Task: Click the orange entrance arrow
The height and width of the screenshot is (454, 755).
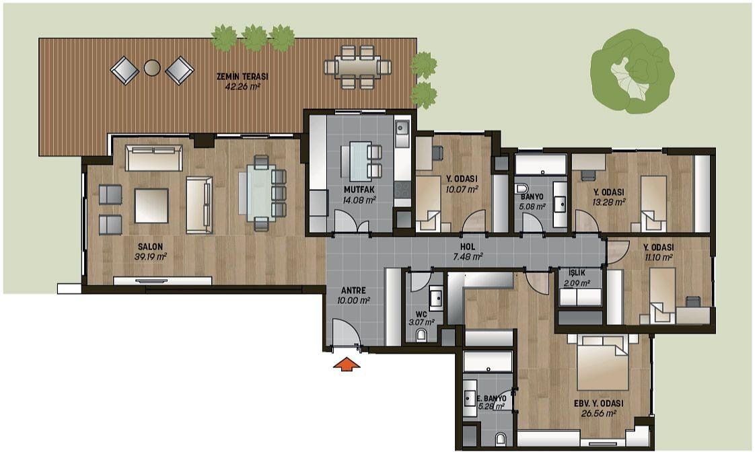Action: [347, 365]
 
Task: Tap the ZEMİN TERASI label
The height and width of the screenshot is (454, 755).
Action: [242, 77]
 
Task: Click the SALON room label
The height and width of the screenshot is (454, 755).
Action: [150, 247]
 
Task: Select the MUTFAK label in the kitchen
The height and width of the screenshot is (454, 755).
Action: [359, 190]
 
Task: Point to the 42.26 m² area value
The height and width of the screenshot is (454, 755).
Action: [243, 87]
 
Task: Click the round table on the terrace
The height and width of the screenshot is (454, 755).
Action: [152, 68]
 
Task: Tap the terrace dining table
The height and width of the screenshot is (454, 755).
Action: [357, 67]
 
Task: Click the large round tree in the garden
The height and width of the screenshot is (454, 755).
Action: [633, 71]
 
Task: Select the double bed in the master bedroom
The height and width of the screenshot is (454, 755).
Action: [603, 363]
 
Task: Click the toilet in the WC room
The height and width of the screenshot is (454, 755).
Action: [421, 334]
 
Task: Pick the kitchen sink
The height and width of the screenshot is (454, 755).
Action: [402, 128]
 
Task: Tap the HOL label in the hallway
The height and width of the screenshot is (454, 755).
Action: [468, 247]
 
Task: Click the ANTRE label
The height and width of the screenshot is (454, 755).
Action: [353, 291]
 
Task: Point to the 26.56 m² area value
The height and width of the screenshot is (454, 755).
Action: [599, 414]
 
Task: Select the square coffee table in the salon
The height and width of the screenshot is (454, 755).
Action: [151, 206]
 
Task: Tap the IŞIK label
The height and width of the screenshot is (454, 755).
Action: [577, 274]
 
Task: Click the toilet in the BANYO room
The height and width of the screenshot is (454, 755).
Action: [521, 188]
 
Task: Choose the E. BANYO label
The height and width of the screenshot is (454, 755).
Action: [492, 399]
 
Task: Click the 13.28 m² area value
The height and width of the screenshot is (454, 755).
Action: [608, 202]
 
